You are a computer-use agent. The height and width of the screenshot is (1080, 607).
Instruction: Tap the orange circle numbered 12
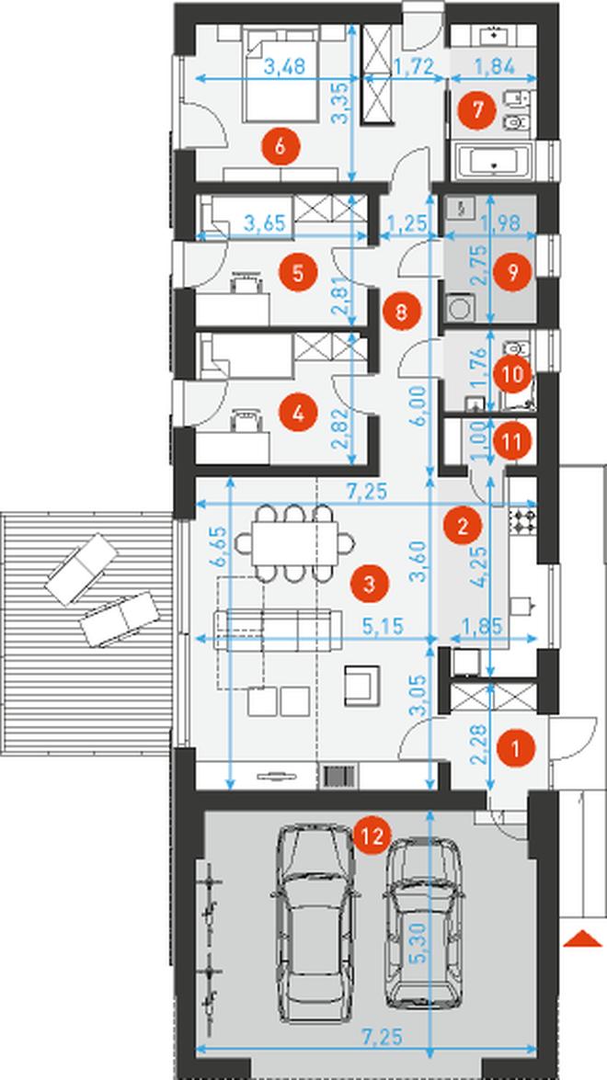(372, 836)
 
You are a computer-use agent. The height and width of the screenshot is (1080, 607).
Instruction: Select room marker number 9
(511, 271)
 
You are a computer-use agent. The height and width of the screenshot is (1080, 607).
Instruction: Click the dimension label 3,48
(284, 67)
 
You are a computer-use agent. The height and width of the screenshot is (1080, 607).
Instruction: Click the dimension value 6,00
(422, 407)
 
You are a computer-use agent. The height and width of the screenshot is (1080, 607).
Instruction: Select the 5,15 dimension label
(383, 625)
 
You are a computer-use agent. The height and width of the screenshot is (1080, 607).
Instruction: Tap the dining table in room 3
(294, 543)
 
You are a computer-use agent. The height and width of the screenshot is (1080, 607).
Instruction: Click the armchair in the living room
(362, 685)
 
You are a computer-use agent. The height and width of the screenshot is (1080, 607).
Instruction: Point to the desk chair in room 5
(246, 281)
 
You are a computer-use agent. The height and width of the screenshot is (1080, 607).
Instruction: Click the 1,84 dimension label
(493, 67)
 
